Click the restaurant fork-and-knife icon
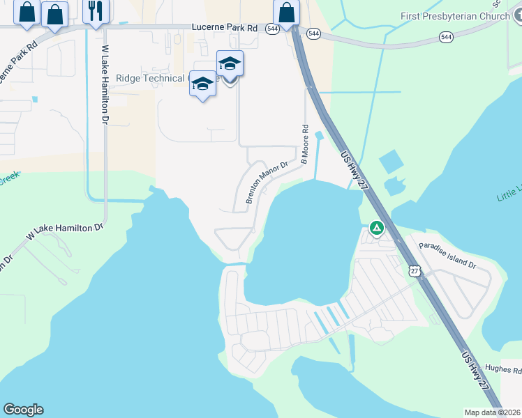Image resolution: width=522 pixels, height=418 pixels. click(96, 10)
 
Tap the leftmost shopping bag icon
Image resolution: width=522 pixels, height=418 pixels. click(27, 12)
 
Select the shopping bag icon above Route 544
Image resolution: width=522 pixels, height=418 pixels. click(286, 12)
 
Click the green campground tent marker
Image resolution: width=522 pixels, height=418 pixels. click(376, 228)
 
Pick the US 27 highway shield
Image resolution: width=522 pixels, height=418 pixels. click(415, 270)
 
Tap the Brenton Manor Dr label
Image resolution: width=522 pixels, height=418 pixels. click(267, 183)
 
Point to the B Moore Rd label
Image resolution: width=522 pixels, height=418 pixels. click(304, 144)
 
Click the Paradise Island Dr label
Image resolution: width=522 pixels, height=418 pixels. click(447, 256)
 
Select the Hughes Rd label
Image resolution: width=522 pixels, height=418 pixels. click(502, 370)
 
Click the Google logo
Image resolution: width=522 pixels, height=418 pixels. click(23, 410)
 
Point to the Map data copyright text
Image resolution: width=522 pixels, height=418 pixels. click(493, 412)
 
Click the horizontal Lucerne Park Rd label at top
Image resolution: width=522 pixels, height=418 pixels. click(223, 28)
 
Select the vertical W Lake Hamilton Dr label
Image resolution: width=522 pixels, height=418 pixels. click(105, 85)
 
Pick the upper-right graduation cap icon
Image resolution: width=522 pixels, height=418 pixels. click(230, 64)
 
